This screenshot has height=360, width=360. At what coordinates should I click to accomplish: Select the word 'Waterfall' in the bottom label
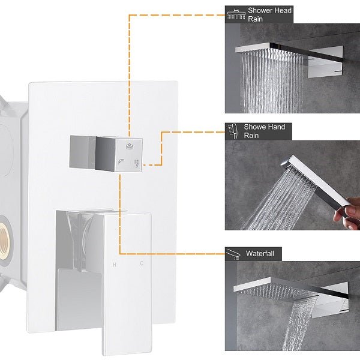[x=259, y=254]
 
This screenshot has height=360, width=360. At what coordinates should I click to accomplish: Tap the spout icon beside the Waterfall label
[x=235, y=254]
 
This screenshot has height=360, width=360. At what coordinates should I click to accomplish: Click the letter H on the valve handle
[x=114, y=264]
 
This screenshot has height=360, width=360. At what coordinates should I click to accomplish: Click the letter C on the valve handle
[x=142, y=264]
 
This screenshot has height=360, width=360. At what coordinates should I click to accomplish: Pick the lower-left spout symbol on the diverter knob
[x=121, y=161]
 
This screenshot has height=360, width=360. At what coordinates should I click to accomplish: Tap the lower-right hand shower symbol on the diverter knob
[x=137, y=162]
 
